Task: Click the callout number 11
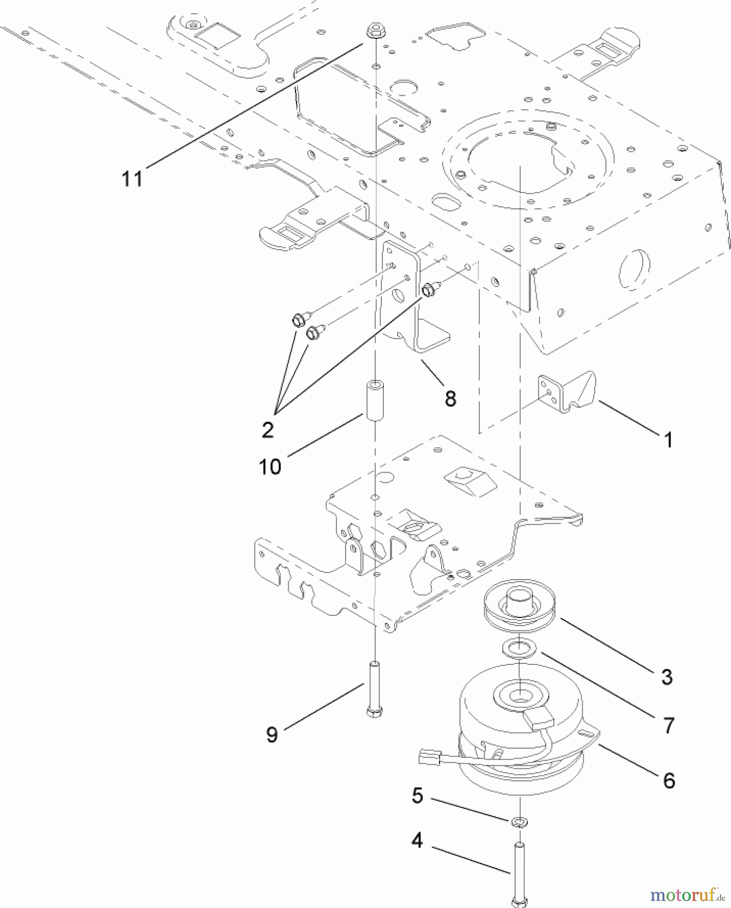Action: coord(132,178)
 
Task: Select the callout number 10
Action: coord(270,467)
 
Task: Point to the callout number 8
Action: coord(450,398)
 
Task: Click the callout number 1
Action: coord(668,440)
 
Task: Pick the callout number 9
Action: coord(272,734)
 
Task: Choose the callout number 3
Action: coord(667,676)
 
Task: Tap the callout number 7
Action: coord(668,725)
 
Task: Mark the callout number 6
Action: coord(668,780)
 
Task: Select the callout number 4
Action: coord(417,841)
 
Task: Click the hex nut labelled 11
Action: coord(374,31)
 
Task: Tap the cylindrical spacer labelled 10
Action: coord(374,402)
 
